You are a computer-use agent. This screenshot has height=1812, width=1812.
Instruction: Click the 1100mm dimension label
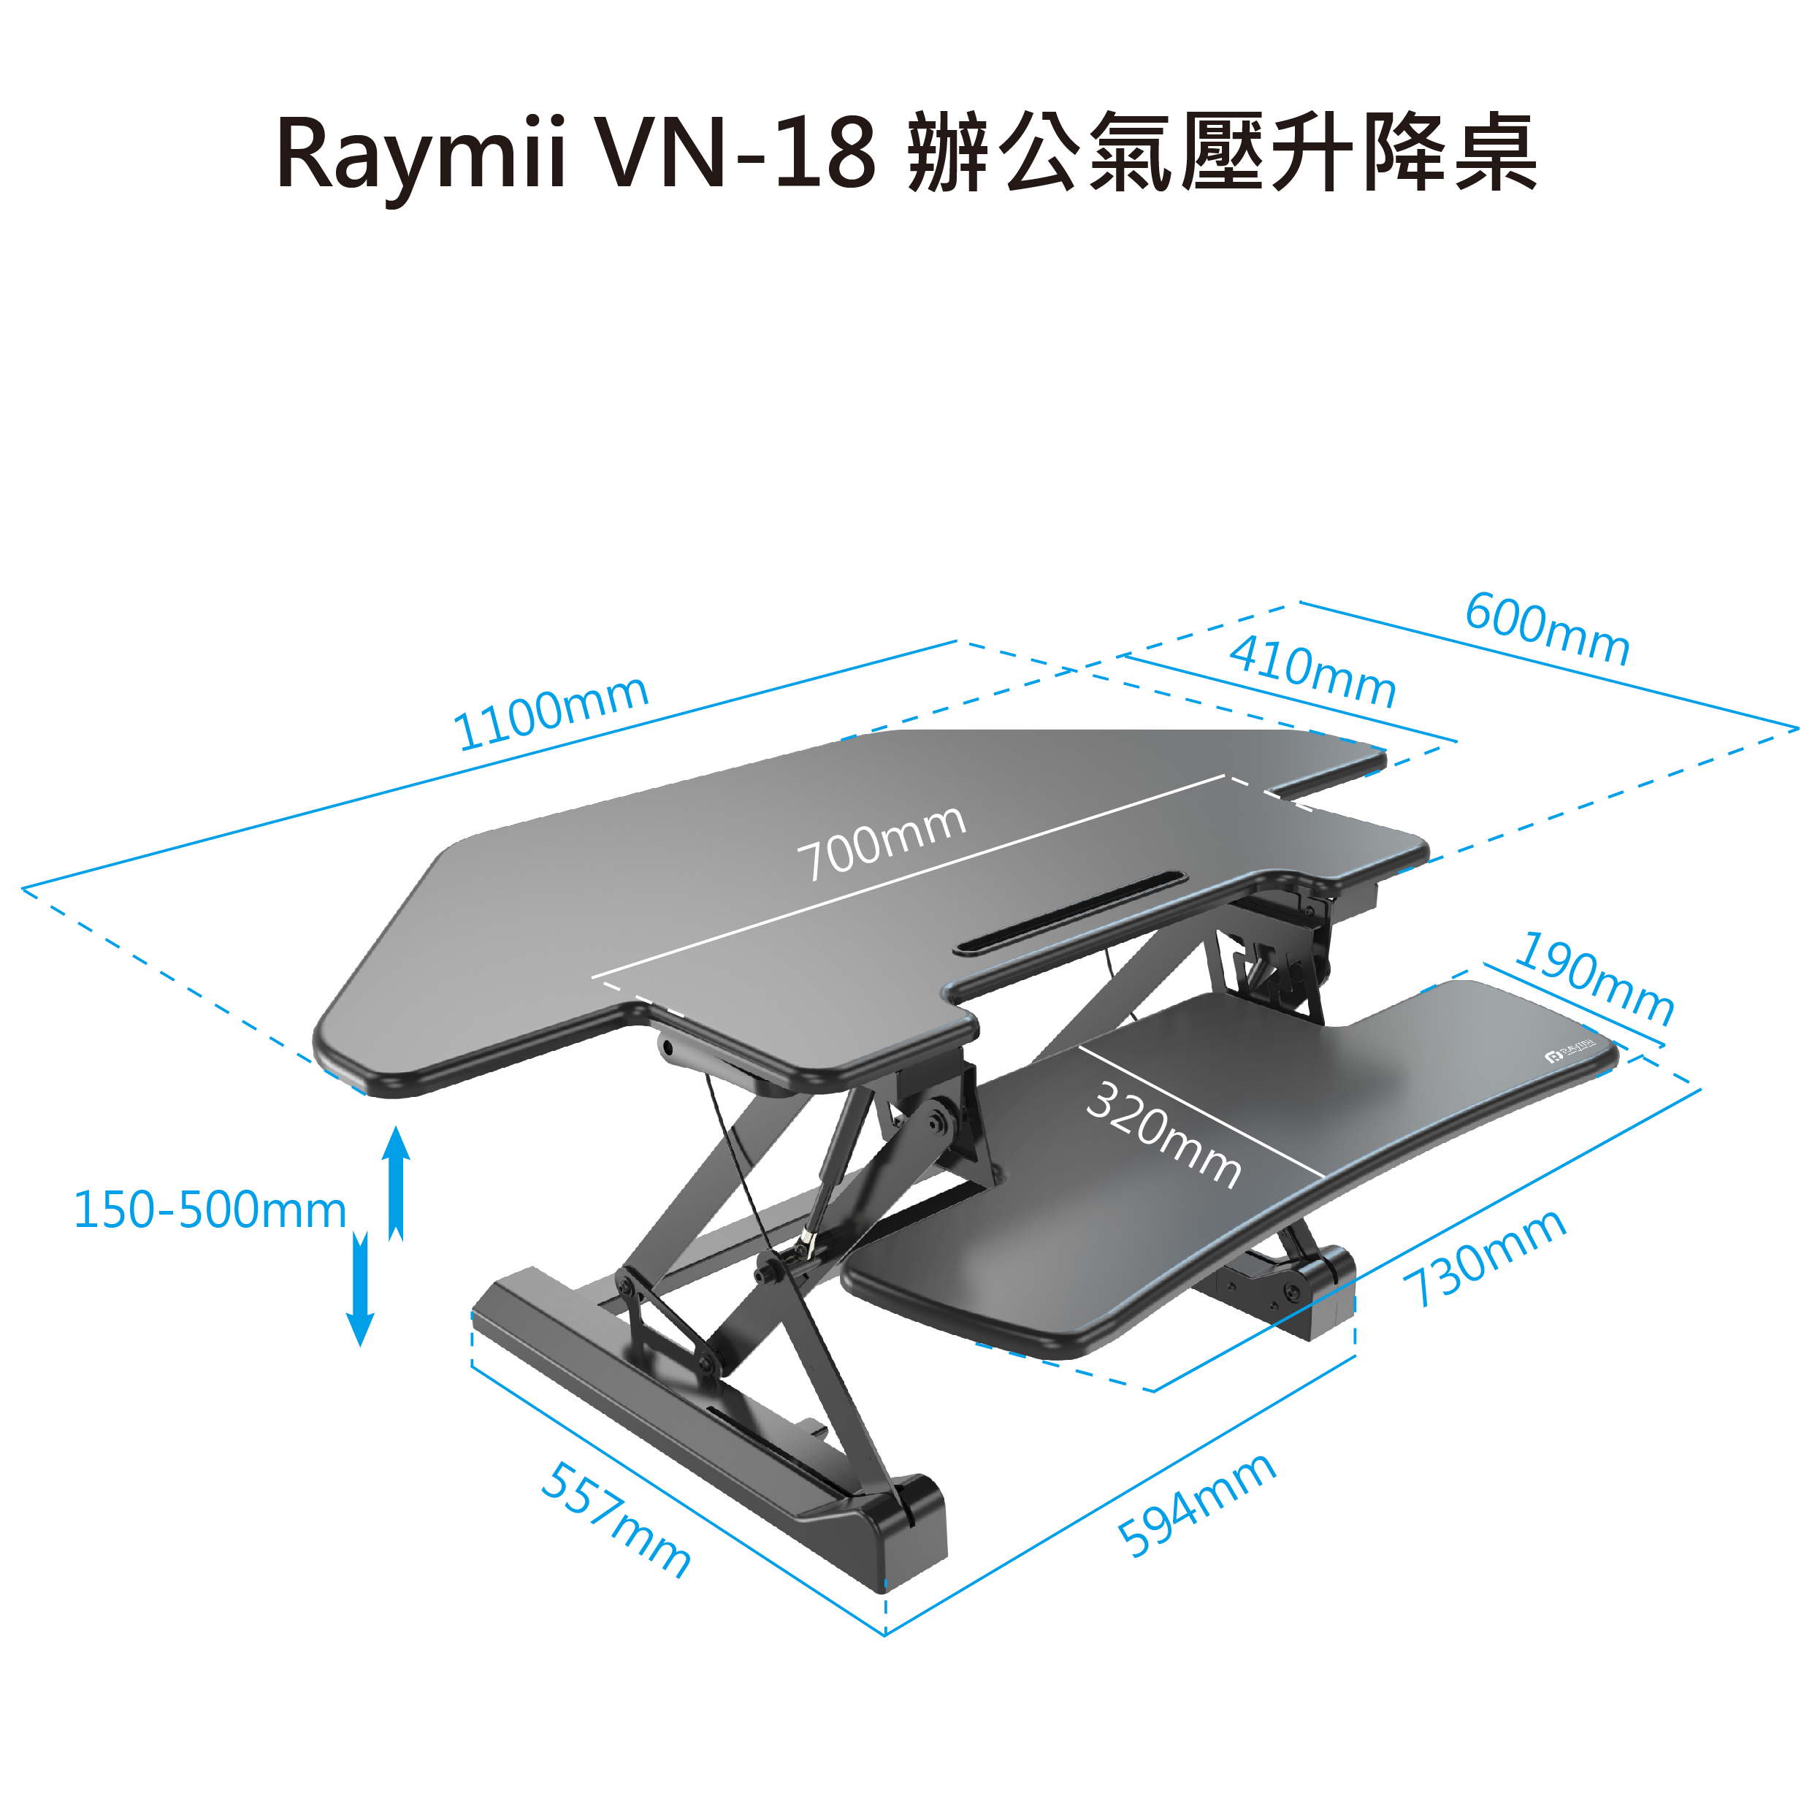tap(551, 713)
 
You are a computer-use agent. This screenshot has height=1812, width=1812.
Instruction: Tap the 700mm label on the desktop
tap(881, 842)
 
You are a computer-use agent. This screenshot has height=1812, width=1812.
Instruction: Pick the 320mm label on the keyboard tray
tap(1163, 1134)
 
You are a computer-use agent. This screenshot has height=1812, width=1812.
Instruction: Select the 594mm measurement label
tap(1196, 1505)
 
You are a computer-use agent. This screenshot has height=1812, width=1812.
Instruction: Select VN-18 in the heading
tap(737, 153)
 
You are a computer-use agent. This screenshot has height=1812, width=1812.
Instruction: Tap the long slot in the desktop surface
tap(1069, 914)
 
